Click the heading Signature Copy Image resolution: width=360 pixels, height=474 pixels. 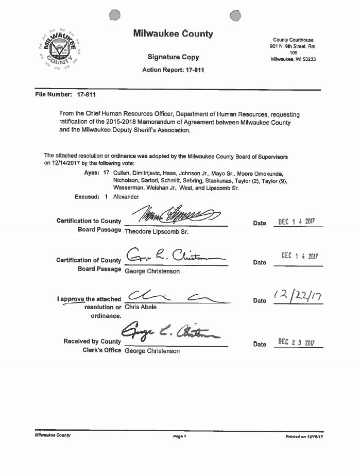[173, 57]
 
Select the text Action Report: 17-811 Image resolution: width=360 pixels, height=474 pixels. [173, 70]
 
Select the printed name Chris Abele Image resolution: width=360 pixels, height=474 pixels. [141, 307]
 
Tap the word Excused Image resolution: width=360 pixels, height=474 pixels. [87, 197]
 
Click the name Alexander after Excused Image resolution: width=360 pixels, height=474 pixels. [126, 197]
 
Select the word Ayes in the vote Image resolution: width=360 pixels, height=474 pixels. [92, 173]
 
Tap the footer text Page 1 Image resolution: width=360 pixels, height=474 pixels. [179, 436]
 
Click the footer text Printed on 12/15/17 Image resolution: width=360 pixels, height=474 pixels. [304, 436]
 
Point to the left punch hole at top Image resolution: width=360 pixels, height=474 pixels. [115, 16]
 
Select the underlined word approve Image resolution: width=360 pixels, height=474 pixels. [74, 299]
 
